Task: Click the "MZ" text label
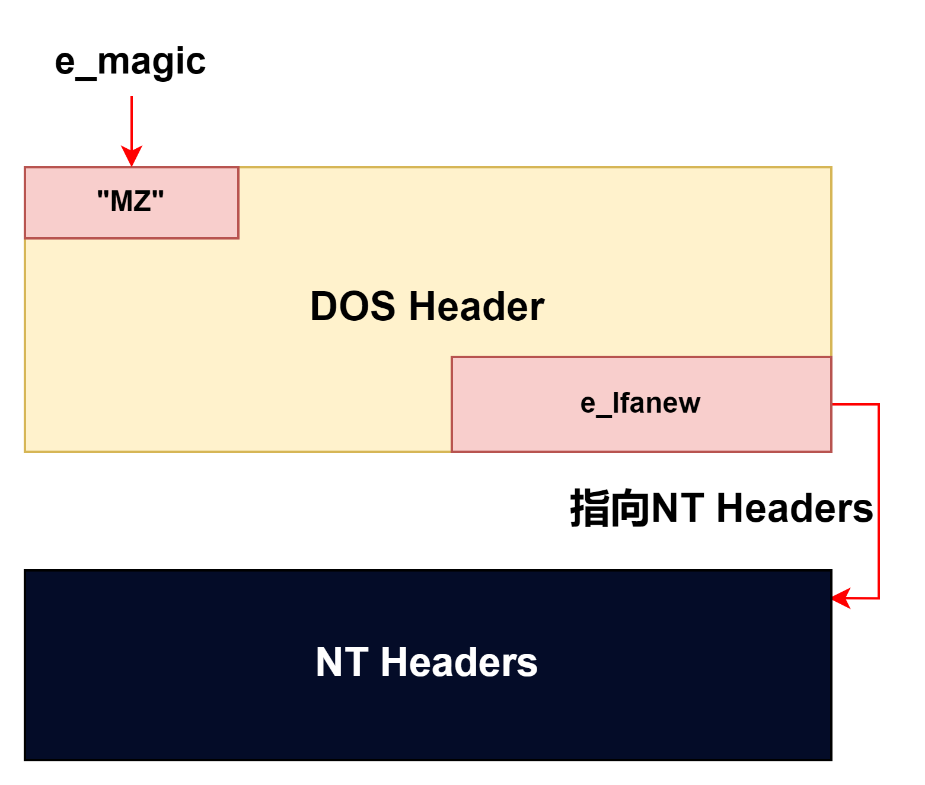pos(130,201)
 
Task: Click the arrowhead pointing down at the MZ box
pos(132,157)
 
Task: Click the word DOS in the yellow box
pos(353,307)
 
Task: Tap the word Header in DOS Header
pos(476,307)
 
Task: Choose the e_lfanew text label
pos(640,403)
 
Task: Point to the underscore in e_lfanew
pos(604,415)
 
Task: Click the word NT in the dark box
pos(342,662)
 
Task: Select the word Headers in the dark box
pos(459,662)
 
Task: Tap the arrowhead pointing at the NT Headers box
pos(841,598)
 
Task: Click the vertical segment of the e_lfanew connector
pos(879,501)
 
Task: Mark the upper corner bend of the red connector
pos(879,404)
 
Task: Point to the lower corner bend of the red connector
pos(879,598)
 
